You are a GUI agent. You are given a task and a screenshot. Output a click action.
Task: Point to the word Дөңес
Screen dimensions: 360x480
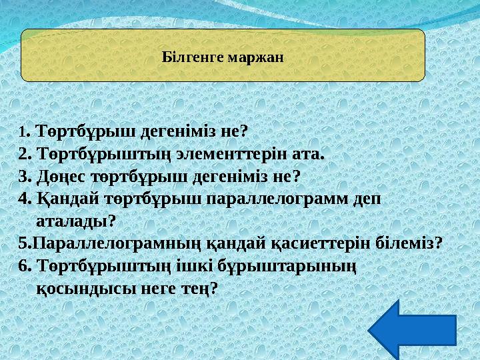57,177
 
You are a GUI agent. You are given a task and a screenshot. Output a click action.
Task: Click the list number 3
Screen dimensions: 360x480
25,177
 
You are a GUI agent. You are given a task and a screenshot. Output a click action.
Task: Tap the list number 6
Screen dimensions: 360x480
25,265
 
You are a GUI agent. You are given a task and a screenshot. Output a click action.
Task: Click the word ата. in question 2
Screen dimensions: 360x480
311,155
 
